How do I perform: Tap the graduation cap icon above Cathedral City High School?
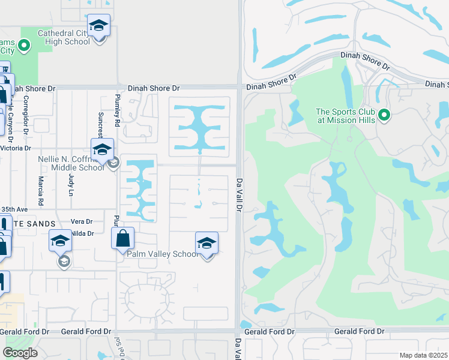click(x=99, y=26)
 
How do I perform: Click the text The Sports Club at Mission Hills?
click(x=346, y=116)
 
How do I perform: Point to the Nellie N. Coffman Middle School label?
click(x=71, y=163)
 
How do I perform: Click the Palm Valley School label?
click(x=162, y=254)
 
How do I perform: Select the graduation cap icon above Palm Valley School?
click(x=206, y=243)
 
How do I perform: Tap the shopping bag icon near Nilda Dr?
click(x=122, y=238)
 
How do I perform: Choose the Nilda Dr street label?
click(x=82, y=233)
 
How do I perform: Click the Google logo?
click(x=20, y=352)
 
